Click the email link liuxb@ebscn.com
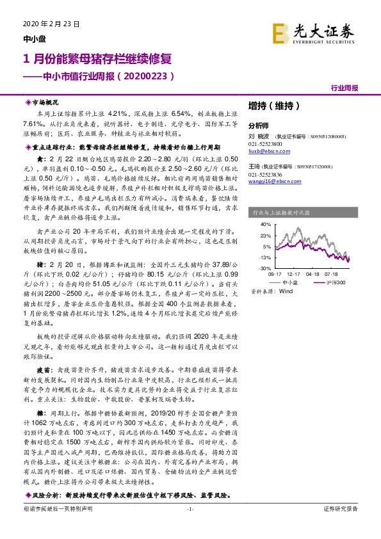(265, 151)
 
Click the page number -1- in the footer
(190, 526)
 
